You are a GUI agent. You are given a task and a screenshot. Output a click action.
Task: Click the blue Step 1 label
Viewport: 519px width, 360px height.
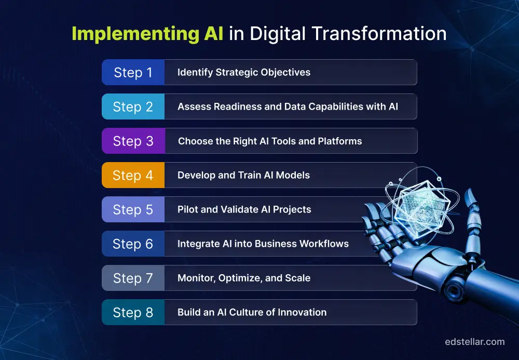[133, 72]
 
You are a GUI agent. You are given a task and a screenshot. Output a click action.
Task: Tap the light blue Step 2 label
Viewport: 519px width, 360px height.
[133, 106]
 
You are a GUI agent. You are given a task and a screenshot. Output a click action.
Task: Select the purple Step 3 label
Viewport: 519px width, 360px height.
[133, 141]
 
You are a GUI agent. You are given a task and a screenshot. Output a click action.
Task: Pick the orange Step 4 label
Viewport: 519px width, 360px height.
[133, 175]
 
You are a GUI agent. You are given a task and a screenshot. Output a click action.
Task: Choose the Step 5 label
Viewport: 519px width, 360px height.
[133, 209]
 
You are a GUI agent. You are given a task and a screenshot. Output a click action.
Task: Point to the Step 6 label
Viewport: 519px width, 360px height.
[133, 244]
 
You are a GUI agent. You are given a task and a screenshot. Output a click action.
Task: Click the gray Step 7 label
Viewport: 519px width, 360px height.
[133, 278]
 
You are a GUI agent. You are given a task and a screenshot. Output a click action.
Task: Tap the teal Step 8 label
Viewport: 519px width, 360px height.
[133, 312]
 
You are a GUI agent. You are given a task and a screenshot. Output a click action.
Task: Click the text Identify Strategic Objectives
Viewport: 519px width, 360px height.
[244, 72]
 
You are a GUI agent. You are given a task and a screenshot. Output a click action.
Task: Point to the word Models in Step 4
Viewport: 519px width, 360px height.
[293, 175]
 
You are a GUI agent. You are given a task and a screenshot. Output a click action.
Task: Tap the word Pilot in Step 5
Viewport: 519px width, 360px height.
[187, 209]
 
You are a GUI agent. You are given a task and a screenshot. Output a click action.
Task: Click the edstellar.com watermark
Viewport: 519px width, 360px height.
[474, 341]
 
